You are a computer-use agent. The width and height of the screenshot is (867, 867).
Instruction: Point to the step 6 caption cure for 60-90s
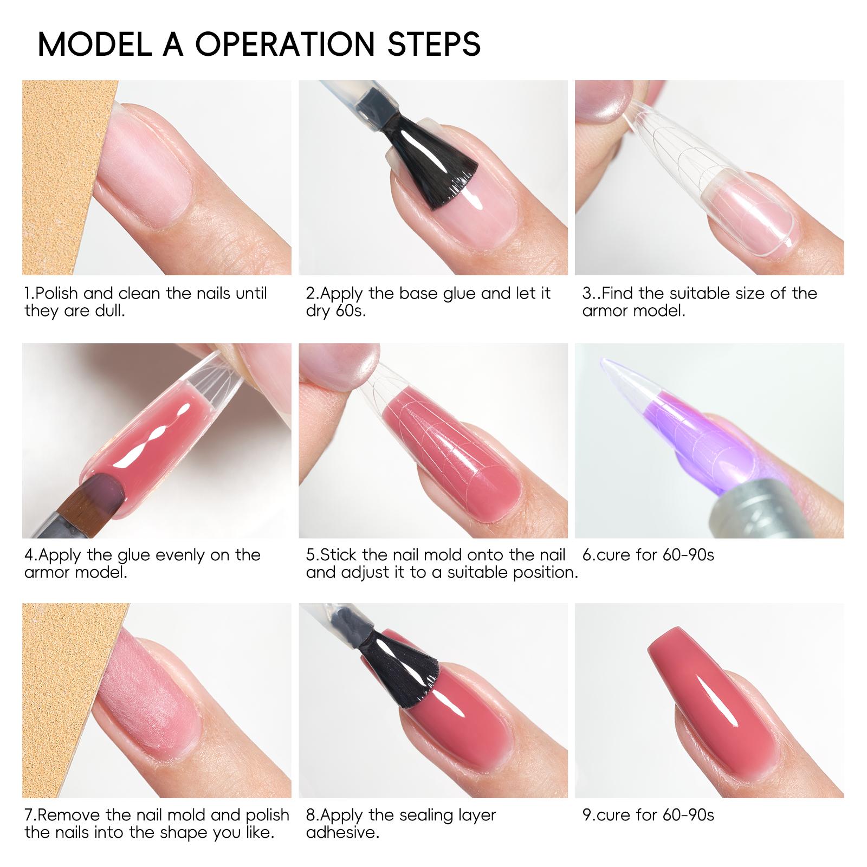pyautogui.click(x=648, y=555)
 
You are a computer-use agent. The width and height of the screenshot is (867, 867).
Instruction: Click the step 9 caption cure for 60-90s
pyautogui.click(x=648, y=815)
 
